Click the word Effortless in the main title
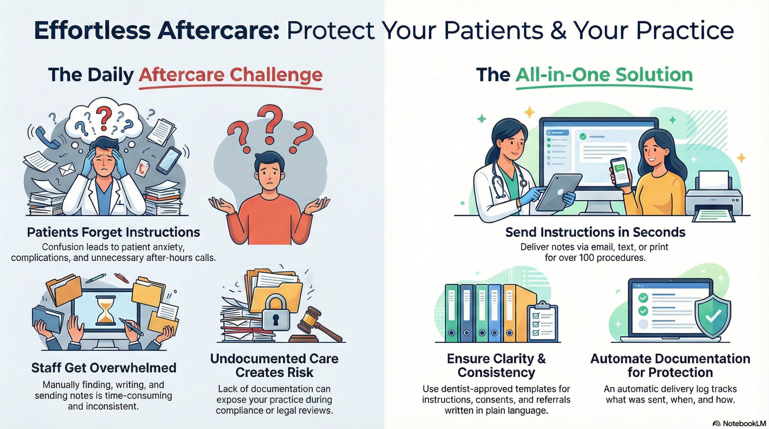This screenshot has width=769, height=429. [92, 31]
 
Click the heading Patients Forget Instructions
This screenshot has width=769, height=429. [113, 232]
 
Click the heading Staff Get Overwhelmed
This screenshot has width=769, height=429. [104, 368]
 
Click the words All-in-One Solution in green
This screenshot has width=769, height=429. [604, 75]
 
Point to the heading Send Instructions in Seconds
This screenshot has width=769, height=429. [595, 232]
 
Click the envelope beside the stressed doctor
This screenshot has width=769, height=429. [68, 169]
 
